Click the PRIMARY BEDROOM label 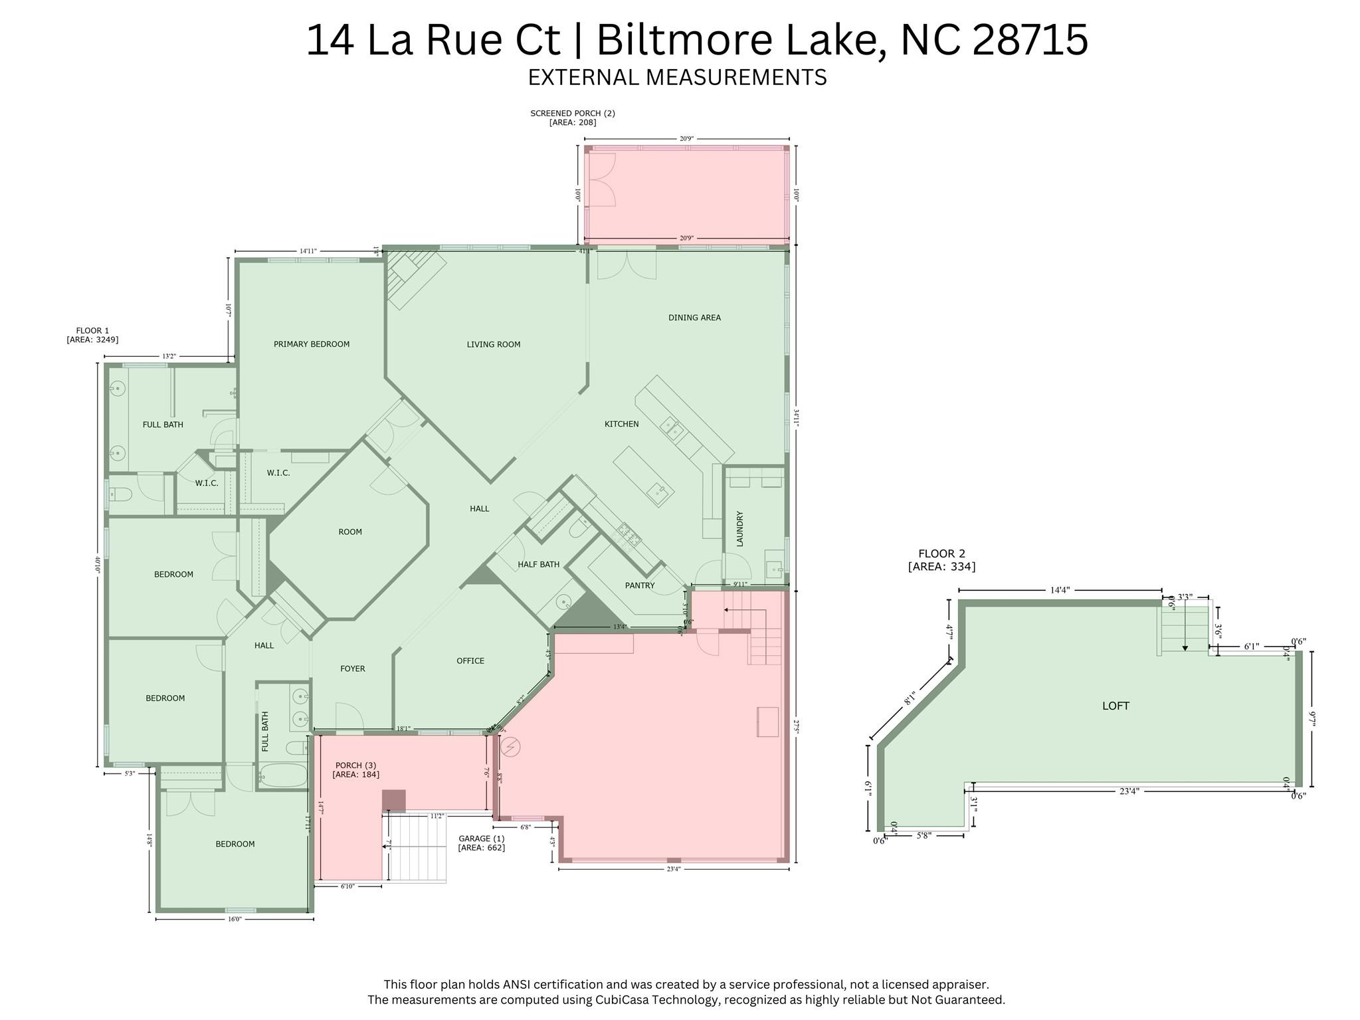(311, 344)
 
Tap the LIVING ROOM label (493, 344)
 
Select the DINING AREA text (694, 318)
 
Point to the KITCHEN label (621, 424)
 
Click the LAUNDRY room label (739, 529)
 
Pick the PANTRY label (639, 585)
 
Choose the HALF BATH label (538, 564)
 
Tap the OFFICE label (470, 661)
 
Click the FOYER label (352, 668)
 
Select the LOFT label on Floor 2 (1116, 706)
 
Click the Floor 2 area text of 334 (941, 567)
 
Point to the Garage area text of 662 (481, 848)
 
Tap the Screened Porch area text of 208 (572, 122)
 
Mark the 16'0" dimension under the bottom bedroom (234, 919)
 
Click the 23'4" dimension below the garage (673, 868)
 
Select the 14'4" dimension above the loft (1059, 590)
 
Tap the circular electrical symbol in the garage (511, 748)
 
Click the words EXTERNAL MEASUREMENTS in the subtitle (677, 78)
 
